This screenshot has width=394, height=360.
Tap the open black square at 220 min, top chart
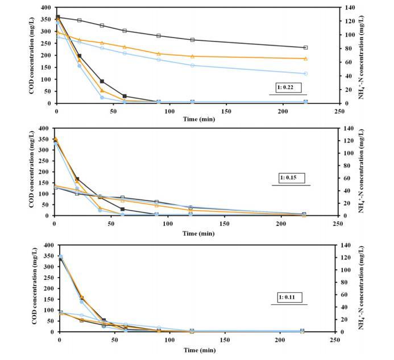click(x=306, y=48)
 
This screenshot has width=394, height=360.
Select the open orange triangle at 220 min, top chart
click(x=306, y=58)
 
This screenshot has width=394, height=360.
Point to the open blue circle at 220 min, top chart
click(x=306, y=74)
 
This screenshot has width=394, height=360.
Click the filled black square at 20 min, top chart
click(x=79, y=56)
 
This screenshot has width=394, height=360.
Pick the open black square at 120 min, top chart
click(x=192, y=40)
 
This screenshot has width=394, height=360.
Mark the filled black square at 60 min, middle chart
click(x=122, y=210)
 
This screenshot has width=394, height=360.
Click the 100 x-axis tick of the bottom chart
click(x=170, y=340)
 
